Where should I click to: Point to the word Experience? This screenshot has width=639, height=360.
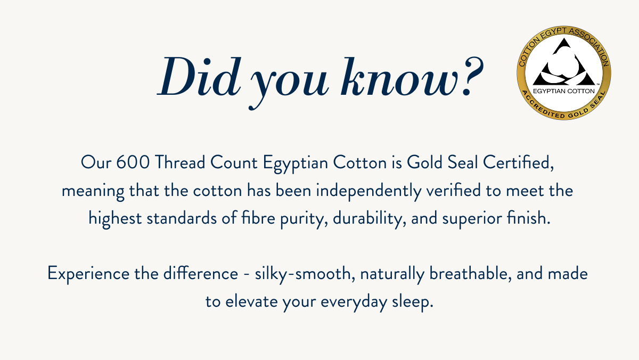pyautogui.click(x=87, y=274)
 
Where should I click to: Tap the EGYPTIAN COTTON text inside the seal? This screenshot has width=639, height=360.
pyautogui.click(x=563, y=90)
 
